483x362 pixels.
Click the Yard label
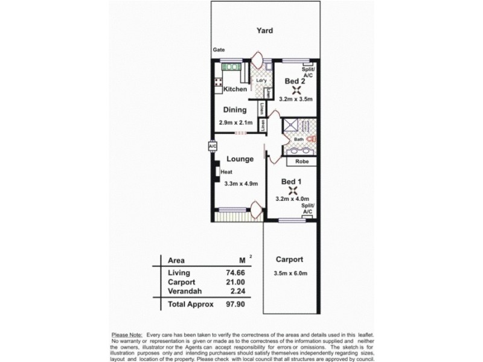pos(264,30)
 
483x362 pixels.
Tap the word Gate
pos(218,50)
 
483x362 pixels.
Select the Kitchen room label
pos(235,89)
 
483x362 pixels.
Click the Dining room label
pos(235,110)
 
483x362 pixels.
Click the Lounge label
pos(239,159)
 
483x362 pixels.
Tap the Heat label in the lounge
pos(226,172)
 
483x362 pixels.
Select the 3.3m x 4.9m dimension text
pos(241,184)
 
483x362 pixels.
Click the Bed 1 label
pos(292,181)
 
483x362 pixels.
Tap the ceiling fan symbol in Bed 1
pos(293,192)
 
